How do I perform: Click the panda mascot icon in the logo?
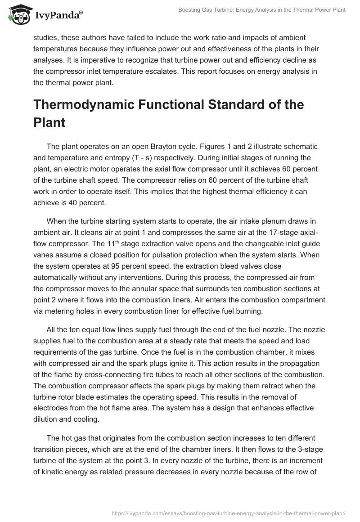[x=18, y=15]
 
